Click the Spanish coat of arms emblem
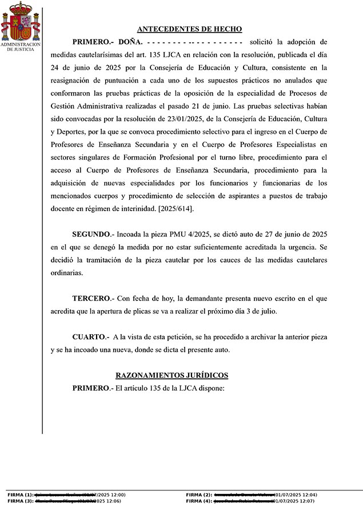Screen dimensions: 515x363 click(21, 21)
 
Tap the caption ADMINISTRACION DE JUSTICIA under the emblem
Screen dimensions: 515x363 click(21, 47)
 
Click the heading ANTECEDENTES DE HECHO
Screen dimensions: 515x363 click(190, 29)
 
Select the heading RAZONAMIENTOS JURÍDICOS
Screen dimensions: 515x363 click(171, 375)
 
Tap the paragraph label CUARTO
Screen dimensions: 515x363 click(90, 337)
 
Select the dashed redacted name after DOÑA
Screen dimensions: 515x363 click(194, 42)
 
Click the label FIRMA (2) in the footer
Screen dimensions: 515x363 click(199, 494)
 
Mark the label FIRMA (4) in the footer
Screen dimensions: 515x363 click(199, 501)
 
